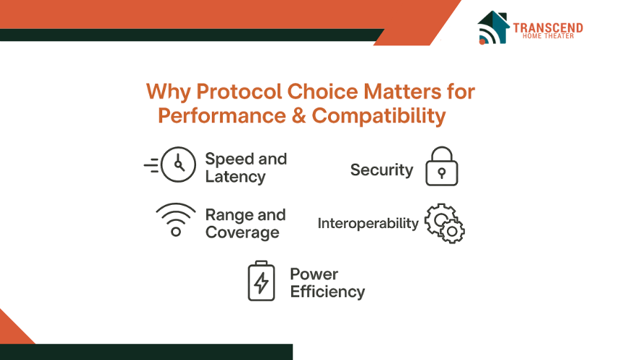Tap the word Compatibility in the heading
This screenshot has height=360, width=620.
378,116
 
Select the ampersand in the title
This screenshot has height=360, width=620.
299,116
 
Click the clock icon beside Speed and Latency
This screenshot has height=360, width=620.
170,164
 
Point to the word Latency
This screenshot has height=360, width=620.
235,177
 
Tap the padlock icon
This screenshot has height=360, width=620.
442,166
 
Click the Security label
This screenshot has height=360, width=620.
381,170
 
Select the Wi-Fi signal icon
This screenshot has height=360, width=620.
176,219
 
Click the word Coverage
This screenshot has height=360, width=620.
242,232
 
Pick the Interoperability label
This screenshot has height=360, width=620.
368,224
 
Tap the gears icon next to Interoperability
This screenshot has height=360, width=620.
445,224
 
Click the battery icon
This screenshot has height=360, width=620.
262,281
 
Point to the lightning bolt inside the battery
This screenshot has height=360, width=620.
261,284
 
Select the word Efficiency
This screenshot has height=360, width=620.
327,292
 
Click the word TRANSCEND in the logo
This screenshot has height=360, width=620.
548,27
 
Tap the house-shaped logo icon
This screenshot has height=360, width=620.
493,27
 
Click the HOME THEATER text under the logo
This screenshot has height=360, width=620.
548,36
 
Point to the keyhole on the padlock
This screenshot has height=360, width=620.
442,173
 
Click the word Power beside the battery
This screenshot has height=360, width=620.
314,274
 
